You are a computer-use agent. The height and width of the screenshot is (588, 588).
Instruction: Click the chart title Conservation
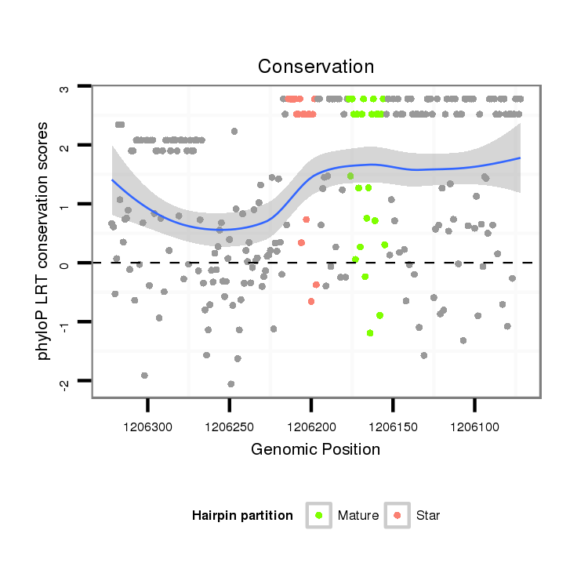pyautogui.click(x=316, y=67)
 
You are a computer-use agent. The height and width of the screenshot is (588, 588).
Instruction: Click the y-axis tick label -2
pyautogui.click(x=65, y=381)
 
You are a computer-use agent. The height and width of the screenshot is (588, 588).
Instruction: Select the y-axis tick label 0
pyautogui.click(x=65, y=263)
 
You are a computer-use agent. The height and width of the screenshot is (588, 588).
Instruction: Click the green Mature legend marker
pyautogui.click(x=319, y=515)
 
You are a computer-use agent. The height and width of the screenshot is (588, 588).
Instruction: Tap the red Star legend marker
pyautogui.click(x=398, y=515)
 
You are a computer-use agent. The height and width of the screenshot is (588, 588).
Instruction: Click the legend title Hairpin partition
pyautogui.click(x=242, y=516)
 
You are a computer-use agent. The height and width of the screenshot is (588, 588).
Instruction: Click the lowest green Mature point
pyautogui.click(x=370, y=333)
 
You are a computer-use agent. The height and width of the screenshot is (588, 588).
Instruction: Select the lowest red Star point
pyautogui.click(x=311, y=301)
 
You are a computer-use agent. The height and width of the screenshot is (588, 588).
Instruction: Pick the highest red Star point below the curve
pyautogui.click(x=307, y=220)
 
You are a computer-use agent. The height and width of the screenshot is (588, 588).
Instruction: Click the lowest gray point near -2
pyautogui.click(x=230, y=384)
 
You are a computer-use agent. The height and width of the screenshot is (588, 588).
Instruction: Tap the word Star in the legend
pyautogui.click(x=428, y=516)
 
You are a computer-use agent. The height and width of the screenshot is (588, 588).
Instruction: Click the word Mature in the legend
pyautogui.click(x=358, y=516)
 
